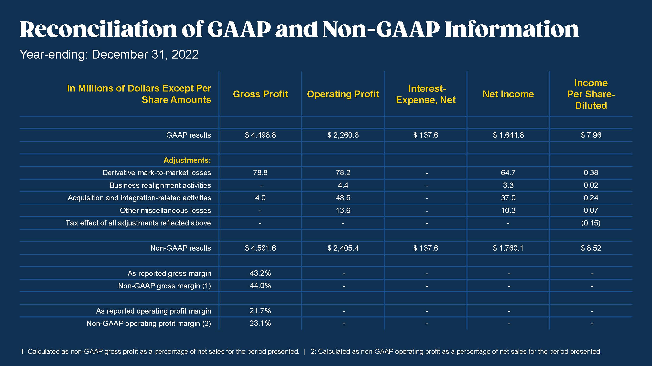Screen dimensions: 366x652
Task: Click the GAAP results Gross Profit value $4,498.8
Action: (260, 135)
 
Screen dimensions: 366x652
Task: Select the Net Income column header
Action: (508, 94)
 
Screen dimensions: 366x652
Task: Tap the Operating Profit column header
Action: (343, 94)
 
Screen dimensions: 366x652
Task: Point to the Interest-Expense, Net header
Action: (426, 94)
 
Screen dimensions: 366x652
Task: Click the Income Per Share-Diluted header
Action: (591, 94)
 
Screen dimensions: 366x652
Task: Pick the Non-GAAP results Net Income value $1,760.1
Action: (508, 248)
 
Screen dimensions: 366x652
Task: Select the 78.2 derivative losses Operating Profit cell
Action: (343, 173)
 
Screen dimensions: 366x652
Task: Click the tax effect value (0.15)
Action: (591, 223)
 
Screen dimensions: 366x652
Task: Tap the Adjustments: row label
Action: (187, 160)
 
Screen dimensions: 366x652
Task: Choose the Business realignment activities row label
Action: (160, 185)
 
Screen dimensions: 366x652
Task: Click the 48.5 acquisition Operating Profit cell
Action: (343, 198)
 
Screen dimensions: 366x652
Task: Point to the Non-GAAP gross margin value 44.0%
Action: (260, 286)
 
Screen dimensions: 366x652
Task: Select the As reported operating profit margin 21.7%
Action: (260, 311)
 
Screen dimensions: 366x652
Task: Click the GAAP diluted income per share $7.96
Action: (591, 135)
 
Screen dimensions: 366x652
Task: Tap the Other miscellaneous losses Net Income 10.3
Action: (508, 210)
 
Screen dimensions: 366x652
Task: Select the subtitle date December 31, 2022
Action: (145, 55)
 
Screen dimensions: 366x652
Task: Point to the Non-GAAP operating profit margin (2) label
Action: (149, 324)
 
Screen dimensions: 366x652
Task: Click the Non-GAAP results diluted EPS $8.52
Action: (591, 248)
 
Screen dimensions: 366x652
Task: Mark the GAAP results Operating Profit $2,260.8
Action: (343, 135)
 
